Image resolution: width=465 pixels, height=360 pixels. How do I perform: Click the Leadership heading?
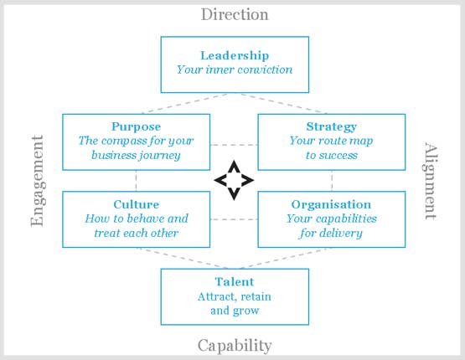click(x=235, y=55)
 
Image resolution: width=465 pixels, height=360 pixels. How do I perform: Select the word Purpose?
click(x=136, y=126)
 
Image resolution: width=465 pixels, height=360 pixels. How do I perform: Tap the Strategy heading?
click(x=332, y=126)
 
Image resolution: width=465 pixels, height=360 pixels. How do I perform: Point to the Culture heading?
click(x=136, y=204)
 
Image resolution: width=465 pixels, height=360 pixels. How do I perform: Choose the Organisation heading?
click(x=331, y=204)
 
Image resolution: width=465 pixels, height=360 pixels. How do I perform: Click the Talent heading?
click(x=235, y=282)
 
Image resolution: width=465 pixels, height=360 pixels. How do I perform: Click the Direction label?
click(x=235, y=14)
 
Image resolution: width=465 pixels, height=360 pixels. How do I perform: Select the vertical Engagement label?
click(x=38, y=181)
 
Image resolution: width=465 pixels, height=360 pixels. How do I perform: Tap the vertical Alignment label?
click(x=430, y=181)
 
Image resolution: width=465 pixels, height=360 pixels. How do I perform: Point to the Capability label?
click(x=235, y=346)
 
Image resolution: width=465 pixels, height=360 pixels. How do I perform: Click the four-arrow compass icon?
click(x=234, y=181)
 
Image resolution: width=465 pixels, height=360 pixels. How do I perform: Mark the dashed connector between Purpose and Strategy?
click(x=234, y=145)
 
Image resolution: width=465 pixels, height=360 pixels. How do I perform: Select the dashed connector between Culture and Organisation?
click(x=234, y=219)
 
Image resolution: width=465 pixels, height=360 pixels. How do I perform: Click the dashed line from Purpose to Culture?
click(x=136, y=181)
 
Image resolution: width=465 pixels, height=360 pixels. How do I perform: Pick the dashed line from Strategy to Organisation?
click(x=332, y=181)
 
